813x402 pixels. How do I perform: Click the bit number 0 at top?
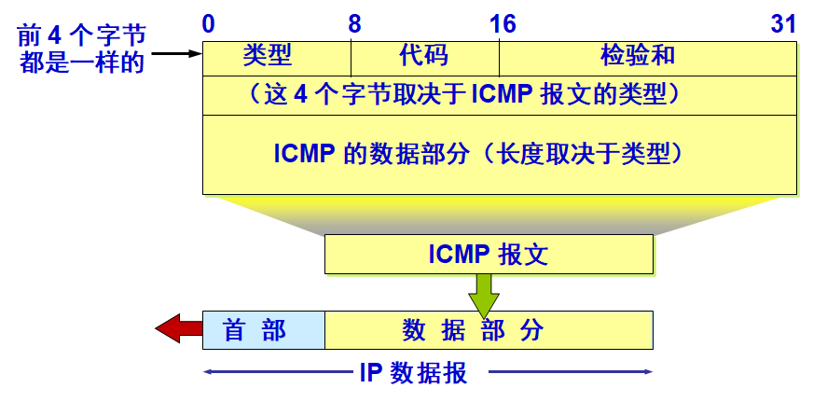click(x=209, y=24)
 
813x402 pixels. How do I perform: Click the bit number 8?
click(x=354, y=24)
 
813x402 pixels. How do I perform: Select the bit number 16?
click(x=503, y=24)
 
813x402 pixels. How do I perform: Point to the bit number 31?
click(x=783, y=24)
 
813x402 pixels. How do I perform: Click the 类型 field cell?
click(x=277, y=57)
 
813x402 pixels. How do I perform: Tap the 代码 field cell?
click(x=424, y=57)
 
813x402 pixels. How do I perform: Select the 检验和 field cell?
click(x=648, y=57)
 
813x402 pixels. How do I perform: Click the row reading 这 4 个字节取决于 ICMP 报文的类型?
click(x=499, y=95)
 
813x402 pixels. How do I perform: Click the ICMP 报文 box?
click(x=488, y=254)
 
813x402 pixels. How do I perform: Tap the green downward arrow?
click(x=484, y=294)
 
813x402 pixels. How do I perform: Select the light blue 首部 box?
click(x=263, y=329)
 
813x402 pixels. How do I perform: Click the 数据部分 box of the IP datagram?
click(x=488, y=329)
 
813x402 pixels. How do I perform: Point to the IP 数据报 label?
click(x=413, y=373)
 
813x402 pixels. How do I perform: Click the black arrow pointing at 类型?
click(x=176, y=54)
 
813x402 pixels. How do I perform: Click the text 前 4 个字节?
click(x=82, y=38)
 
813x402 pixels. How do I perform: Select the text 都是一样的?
click(x=82, y=64)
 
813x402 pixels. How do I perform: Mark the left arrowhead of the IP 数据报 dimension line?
click(x=207, y=373)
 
